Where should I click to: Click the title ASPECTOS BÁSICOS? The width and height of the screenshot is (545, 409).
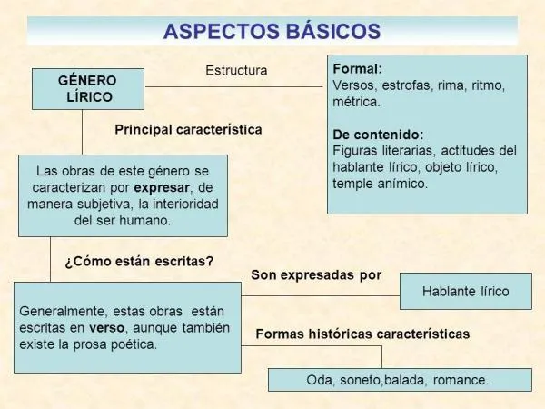pyautogui.click(x=272, y=30)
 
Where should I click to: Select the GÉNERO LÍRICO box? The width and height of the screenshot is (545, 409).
pyautogui.click(x=88, y=88)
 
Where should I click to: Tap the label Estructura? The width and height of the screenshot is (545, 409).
pyautogui.click(x=236, y=70)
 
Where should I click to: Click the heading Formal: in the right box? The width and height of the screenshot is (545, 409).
pyautogui.click(x=358, y=69)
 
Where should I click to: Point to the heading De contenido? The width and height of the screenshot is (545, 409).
pyautogui.click(x=379, y=134)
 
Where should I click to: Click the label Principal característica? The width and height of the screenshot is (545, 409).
pyautogui.click(x=188, y=130)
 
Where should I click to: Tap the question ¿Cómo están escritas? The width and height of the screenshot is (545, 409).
pyautogui.click(x=139, y=261)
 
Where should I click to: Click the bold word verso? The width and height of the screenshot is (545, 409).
pyautogui.click(x=107, y=327)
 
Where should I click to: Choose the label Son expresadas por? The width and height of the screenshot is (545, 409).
pyautogui.click(x=316, y=274)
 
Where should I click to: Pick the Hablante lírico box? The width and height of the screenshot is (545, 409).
pyautogui.click(x=465, y=292)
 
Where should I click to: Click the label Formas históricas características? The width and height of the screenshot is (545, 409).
pyautogui.click(x=362, y=334)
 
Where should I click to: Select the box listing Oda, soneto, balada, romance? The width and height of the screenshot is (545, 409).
pyautogui.click(x=400, y=380)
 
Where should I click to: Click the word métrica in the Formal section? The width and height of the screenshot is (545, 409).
pyautogui.click(x=355, y=102)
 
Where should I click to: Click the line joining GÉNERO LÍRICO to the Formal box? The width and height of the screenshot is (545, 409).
pyautogui.click(x=234, y=86)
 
